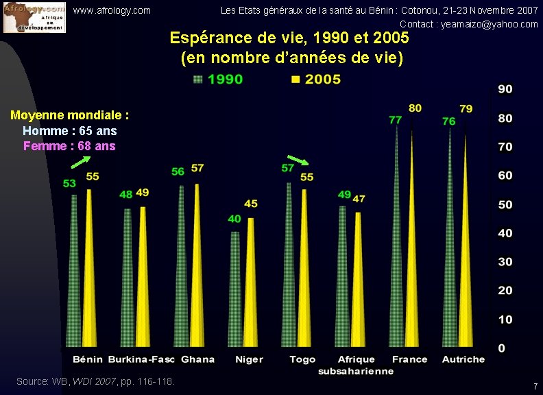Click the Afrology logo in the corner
34,17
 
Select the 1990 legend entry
218,80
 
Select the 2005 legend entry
315,80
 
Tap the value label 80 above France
415,108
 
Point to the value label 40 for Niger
234,219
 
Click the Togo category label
302,359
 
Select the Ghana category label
197,359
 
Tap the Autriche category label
463,359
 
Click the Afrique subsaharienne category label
356,365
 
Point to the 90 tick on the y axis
505,89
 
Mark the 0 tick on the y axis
501,348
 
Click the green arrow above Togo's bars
298,160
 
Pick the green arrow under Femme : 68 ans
81,162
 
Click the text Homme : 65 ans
69,130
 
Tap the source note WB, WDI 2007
95,381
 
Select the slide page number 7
535,387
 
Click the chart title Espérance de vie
289,37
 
